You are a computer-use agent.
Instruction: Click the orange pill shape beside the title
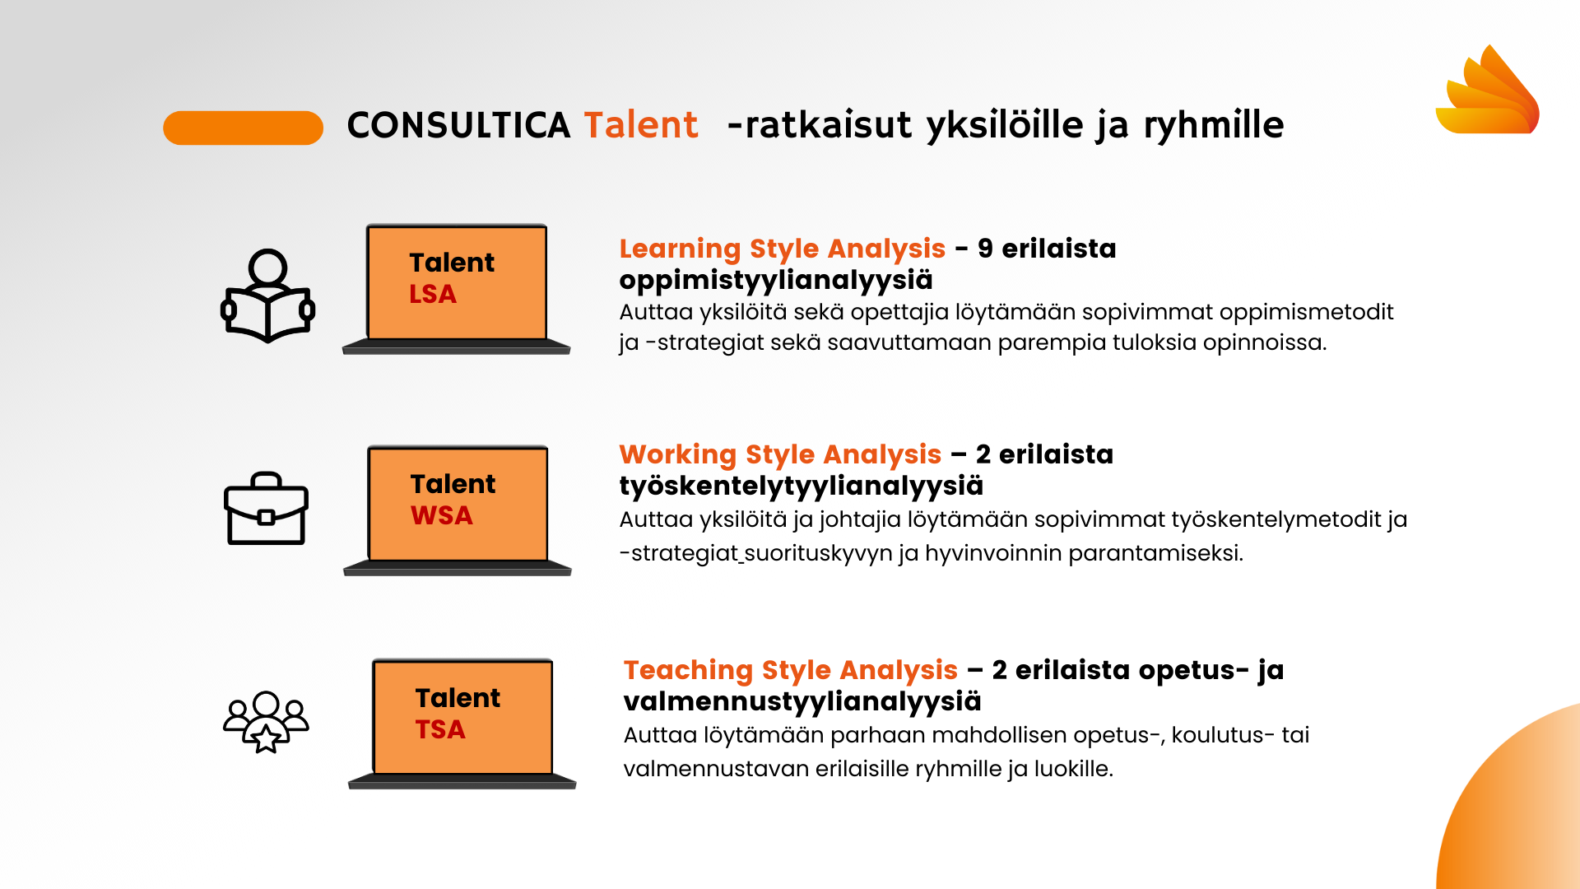click(244, 128)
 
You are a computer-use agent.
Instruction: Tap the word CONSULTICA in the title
click(458, 126)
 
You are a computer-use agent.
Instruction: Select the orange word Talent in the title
click(641, 125)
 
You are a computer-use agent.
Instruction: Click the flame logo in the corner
click(1488, 90)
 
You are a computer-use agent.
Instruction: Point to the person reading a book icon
click(268, 296)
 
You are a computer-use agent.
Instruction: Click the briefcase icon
click(266, 508)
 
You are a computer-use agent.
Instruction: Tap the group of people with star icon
click(266, 721)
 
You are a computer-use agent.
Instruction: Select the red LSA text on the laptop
click(433, 294)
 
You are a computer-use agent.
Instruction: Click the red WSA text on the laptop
click(442, 515)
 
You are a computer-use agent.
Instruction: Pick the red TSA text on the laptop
click(440, 729)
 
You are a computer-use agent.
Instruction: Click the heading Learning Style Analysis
click(783, 249)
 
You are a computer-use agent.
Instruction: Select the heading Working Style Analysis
click(780, 454)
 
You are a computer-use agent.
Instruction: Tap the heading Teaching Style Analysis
click(791, 670)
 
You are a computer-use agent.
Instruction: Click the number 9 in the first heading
click(985, 249)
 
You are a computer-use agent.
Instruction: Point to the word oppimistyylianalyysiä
click(776, 281)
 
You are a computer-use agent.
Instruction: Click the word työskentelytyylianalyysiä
click(802, 486)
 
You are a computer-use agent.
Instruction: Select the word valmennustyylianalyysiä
click(802, 702)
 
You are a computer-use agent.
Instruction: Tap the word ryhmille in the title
click(1214, 126)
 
